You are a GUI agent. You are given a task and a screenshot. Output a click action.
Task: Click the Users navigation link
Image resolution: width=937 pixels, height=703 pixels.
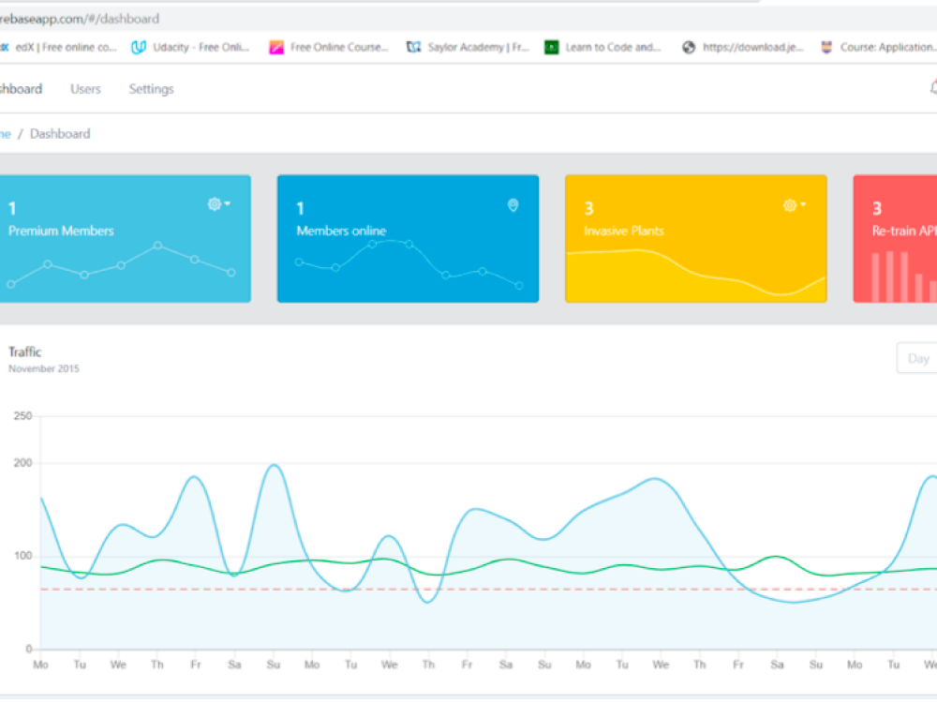pos(85,89)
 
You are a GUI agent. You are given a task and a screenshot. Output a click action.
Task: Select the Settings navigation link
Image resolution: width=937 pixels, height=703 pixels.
pos(151,89)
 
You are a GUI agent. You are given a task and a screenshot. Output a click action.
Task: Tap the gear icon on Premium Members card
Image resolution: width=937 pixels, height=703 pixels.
pos(215,204)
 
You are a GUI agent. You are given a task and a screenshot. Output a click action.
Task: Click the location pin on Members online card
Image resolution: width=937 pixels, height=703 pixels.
pos(513,205)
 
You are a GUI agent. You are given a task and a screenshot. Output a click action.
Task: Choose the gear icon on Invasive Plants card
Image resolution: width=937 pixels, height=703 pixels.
pos(790,205)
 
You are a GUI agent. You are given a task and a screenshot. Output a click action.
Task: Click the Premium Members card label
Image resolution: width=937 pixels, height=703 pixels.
pos(61,231)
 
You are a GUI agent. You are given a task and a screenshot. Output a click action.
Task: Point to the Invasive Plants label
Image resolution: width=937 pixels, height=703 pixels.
pos(623,231)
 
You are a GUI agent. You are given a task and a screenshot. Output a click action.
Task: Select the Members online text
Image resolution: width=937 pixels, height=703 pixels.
pos(341,231)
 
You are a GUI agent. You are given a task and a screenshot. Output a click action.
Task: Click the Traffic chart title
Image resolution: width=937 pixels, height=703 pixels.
pos(25,351)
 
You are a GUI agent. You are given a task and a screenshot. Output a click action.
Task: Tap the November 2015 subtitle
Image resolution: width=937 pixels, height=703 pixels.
pos(44,368)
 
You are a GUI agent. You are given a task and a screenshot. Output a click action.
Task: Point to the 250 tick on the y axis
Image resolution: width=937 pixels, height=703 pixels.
pos(22,416)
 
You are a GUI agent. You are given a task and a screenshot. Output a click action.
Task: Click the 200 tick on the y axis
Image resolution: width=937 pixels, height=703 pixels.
pos(22,463)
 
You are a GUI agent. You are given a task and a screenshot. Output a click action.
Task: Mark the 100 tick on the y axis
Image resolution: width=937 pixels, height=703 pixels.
pos(22,556)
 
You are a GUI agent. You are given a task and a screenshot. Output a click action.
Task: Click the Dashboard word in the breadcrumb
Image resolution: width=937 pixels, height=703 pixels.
pos(60,134)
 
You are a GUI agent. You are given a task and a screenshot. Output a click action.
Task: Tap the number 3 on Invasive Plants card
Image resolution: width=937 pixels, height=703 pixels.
pos(588,208)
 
